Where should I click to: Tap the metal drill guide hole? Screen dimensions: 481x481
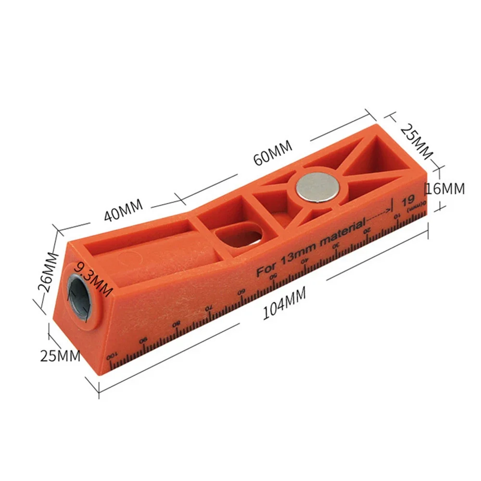(81, 296)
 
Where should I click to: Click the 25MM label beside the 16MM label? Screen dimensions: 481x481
(417, 142)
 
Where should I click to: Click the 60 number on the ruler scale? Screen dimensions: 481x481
(241, 292)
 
